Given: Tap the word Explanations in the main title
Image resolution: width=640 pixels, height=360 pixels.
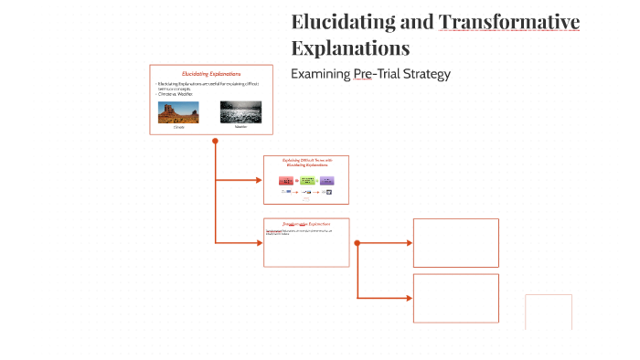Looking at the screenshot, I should pos(350,47).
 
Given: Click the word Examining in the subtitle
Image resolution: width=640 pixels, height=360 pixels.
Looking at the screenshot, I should pos(320,73).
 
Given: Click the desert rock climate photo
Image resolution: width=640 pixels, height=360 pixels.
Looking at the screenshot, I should pos(178,112).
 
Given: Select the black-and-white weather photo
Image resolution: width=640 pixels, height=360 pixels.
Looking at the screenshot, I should pos(240,112).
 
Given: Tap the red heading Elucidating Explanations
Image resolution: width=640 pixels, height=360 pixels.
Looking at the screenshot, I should pos(211,73).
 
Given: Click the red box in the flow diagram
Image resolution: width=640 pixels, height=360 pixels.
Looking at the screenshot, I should pos(285,180).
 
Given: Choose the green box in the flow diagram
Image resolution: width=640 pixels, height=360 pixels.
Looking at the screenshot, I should pos(306,180).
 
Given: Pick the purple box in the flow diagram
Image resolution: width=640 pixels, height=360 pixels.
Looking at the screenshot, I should pos(327,180).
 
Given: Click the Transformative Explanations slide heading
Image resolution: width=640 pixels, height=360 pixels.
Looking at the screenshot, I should pos(306,223).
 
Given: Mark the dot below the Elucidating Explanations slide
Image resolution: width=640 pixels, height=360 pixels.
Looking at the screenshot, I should pos(215,141).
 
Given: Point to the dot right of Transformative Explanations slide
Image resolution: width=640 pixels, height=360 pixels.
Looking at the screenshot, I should pos(357,243).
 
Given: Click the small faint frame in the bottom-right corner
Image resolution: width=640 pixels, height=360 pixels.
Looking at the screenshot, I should pos(549,312).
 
